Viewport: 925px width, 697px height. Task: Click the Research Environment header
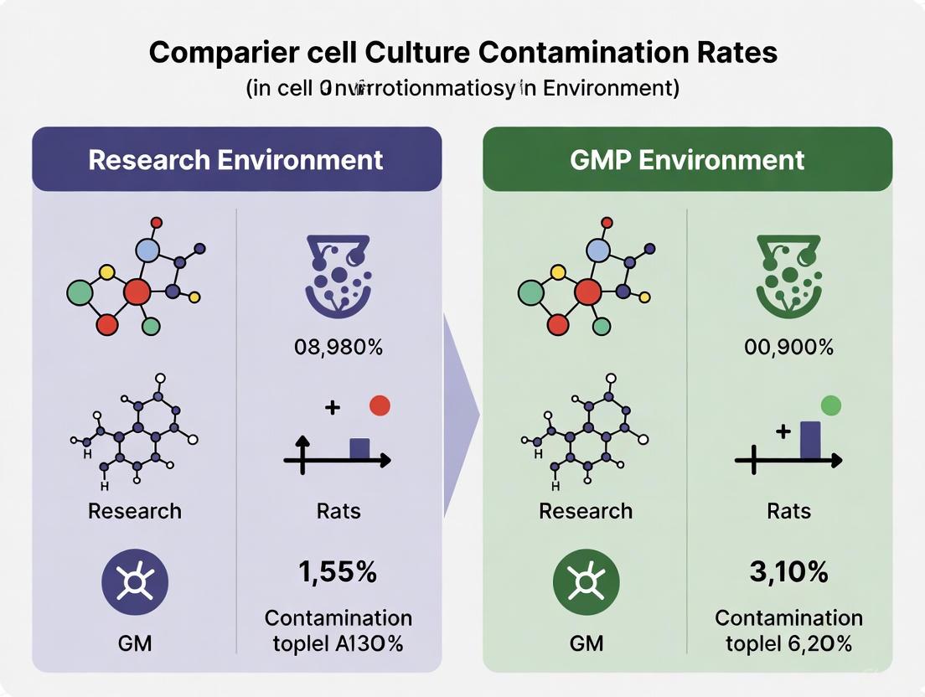[236, 159]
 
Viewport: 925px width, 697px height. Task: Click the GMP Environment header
[687, 159]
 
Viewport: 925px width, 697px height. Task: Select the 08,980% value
[338, 347]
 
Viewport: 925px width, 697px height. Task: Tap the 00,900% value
[789, 347]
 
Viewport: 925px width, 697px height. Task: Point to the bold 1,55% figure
[338, 572]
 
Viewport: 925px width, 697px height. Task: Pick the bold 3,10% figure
[788, 572]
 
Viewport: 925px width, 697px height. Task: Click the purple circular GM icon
[135, 582]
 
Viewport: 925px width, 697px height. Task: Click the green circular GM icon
[586, 582]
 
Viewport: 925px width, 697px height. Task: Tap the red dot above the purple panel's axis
[380, 405]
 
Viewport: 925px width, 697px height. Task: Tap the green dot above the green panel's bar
[830, 405]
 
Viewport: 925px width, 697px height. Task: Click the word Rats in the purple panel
[338, 511]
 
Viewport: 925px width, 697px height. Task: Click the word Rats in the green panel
[789, 511]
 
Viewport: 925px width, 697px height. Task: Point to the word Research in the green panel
[586, 511]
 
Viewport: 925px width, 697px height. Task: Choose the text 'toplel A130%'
[338, 643]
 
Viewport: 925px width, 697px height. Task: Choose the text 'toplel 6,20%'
[789, 643]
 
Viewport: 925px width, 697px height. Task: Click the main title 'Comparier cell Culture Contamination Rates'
[463, 53]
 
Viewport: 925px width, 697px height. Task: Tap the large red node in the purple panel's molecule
[137, 292]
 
